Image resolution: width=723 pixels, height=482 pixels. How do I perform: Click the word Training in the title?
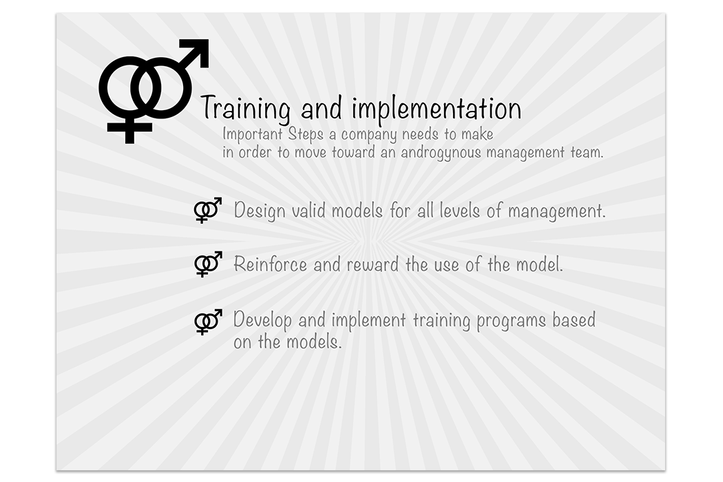245,109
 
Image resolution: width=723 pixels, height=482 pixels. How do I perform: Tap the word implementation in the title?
436,108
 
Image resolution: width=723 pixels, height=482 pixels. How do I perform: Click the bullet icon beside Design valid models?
207,210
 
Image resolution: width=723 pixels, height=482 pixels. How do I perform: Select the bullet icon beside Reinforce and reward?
208,264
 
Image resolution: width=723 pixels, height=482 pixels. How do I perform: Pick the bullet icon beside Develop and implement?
208,322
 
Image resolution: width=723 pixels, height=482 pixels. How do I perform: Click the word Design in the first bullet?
260,211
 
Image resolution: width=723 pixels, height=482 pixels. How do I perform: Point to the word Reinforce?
270,264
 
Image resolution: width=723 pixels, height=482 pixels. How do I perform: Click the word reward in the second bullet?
373,264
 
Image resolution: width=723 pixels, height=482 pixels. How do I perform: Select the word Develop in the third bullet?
262,320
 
